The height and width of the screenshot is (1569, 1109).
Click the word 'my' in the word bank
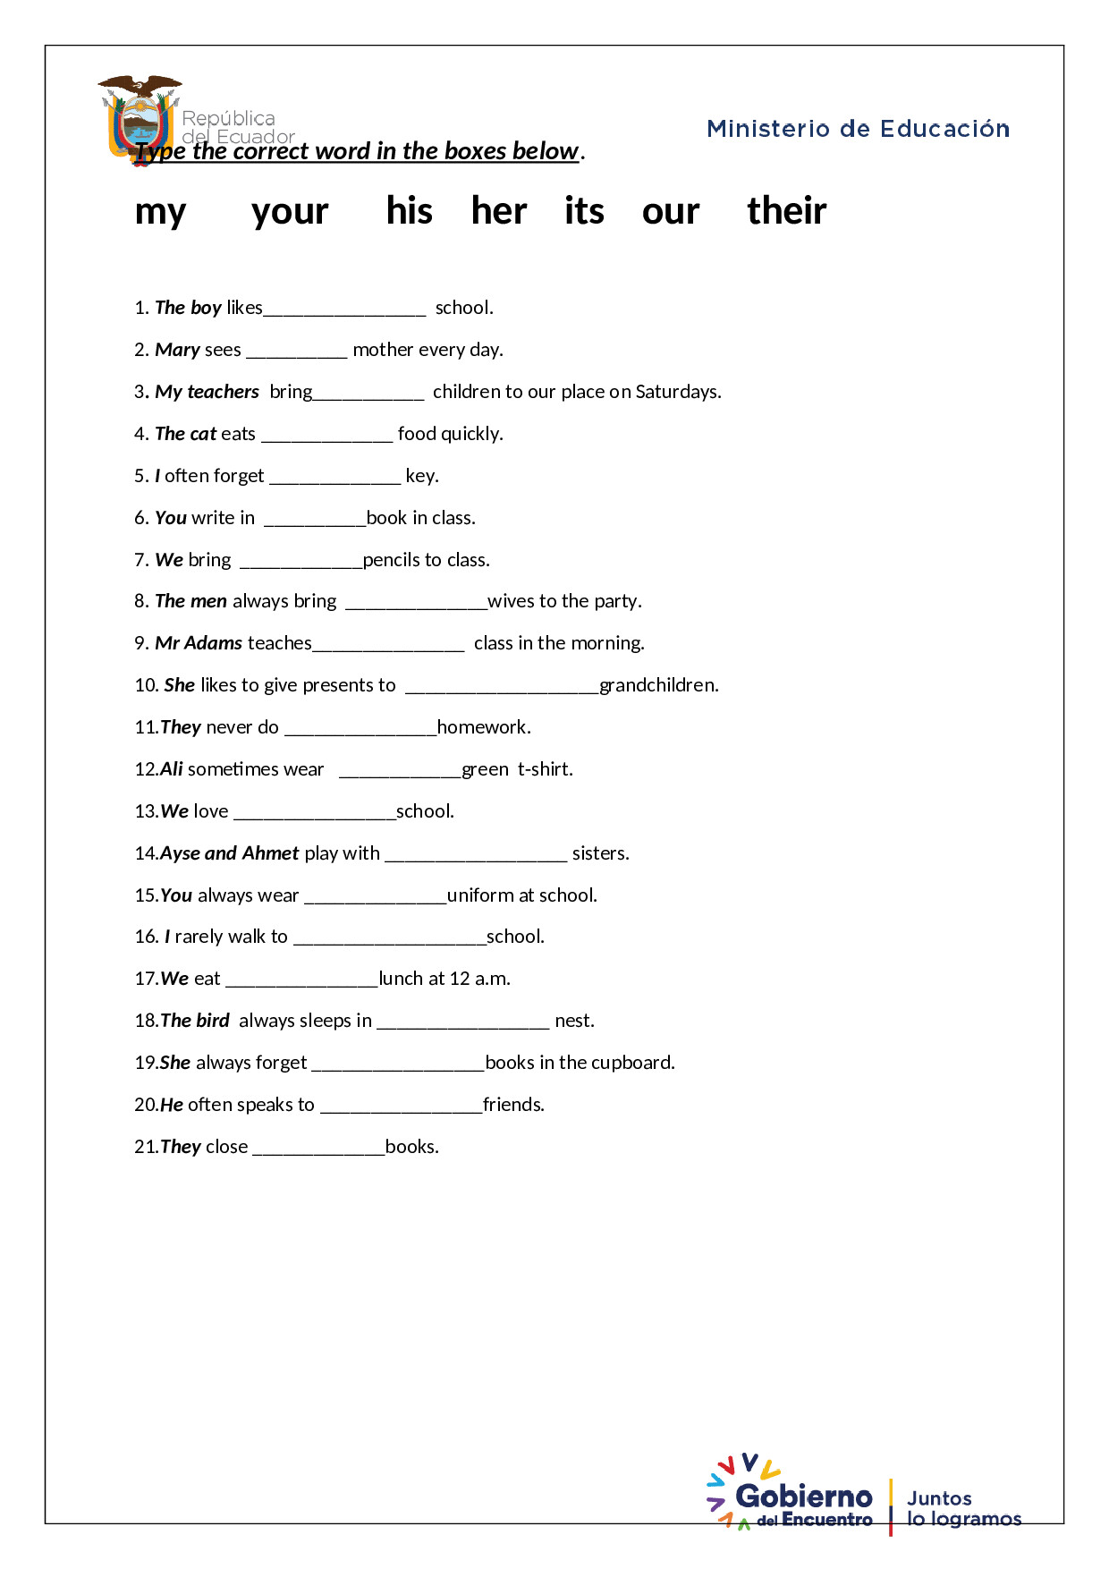click(x=160, y=213)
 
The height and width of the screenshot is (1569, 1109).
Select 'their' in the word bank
click(x=786, y=211)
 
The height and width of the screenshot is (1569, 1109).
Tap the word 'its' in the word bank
click(x=584, y=211)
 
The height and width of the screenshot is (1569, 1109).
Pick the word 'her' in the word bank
click(x=499, y=211)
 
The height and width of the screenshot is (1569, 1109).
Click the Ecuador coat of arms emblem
click(x=140, y=116)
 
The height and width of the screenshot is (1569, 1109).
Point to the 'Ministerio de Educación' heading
click(x=858, y=129)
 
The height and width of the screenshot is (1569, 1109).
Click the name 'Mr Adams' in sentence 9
click(x=199, y=643)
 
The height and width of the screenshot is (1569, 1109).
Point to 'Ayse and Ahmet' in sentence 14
click(x=230, y=853)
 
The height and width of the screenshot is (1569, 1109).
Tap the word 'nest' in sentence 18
click(x=573, y=1021)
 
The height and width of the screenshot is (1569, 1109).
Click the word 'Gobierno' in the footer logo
click(x=803, y=1496)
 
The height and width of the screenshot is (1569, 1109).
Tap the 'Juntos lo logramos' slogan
click(x=963, y=1508)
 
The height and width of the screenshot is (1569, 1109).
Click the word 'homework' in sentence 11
click(x=482, y=727)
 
